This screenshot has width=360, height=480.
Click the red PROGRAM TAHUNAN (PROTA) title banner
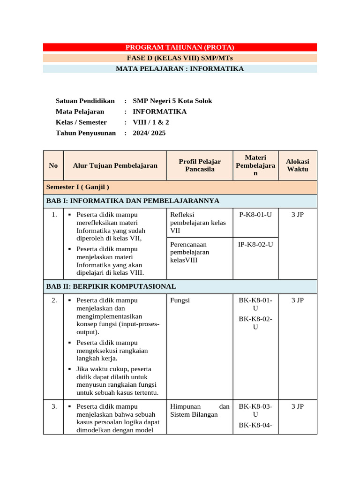(x=180, y=47)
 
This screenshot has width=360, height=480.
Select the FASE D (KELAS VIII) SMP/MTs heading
(x=180, y=58)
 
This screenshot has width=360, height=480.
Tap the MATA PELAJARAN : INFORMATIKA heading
(x=180, y=69)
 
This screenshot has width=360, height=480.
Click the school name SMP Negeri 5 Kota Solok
(x=172, y=101)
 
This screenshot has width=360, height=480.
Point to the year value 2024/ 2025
(x=149, y=133)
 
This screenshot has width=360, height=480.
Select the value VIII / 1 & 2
(x=151, y=122)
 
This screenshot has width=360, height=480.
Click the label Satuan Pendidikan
(x=85, y=101)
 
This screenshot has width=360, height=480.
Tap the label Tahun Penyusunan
(x=85, y=133)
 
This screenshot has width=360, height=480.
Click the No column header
(x=53, y=165)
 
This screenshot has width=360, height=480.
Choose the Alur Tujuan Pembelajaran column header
(x=115, y=165)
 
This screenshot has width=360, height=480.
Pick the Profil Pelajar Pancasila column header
(x=200, y=165)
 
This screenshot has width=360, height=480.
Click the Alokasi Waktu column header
(x=297, y=165)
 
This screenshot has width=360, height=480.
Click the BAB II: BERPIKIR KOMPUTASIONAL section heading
(x=111, y=286)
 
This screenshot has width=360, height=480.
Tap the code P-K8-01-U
(x=255, y=215)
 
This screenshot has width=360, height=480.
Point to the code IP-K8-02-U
(x=255, y=244)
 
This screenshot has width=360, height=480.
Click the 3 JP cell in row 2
(x=297, y=300)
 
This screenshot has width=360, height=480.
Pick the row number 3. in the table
(x=53, y=407)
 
